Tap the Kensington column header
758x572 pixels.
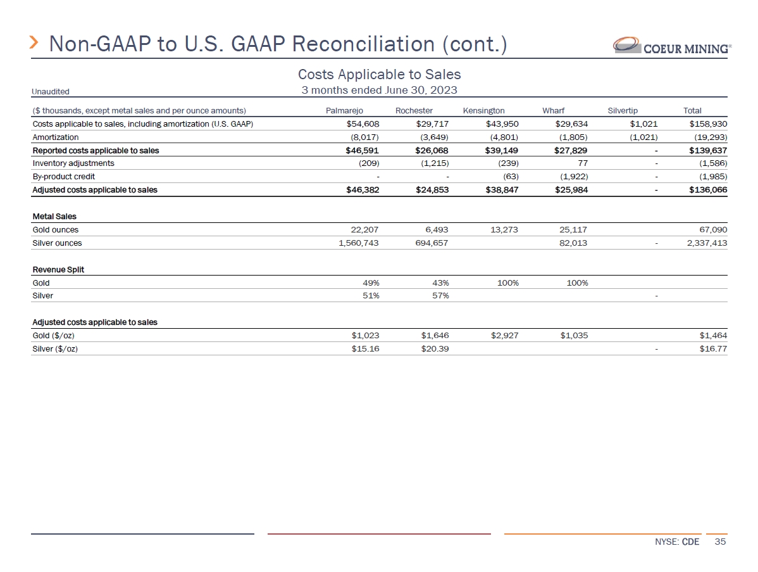[483, 111]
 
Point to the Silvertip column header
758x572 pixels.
[623, 111]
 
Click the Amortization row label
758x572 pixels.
[56, 137]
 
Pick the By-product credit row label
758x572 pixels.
[63, 177]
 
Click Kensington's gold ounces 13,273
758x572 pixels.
[504, 230]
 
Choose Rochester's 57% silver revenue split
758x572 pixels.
[439, 296]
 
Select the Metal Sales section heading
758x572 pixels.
[54, 217]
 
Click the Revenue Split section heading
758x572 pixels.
[58, 270]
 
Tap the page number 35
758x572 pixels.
[720, 542]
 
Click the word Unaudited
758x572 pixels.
[51, 92]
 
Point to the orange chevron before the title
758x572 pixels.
[35, 43]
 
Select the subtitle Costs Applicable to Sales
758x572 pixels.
[379, 75]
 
